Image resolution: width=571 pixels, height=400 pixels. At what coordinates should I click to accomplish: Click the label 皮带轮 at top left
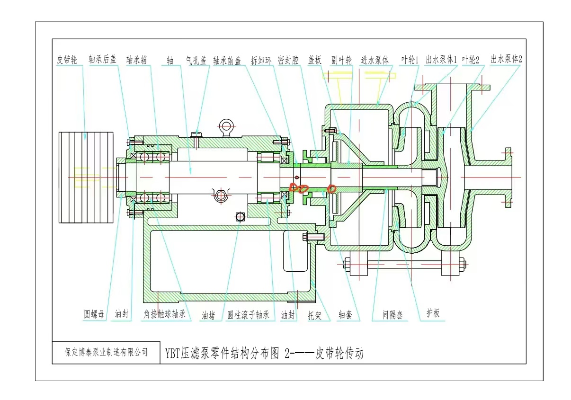tap(66, 60)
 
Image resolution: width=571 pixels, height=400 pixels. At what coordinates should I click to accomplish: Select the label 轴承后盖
tap(103, 60)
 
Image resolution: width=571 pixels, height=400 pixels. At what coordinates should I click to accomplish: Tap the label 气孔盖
tap(196, 60)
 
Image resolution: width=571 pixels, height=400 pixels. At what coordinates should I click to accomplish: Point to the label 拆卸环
tap(261, 60)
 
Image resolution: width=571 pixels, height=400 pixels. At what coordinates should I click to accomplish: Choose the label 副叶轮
tap(341, 60)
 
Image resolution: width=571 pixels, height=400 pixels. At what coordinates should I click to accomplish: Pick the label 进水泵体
tap(375, 60)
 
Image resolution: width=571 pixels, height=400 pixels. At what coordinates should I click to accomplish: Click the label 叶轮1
tap(410, 60)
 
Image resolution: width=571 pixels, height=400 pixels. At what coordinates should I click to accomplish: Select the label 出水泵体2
tap(506, 59)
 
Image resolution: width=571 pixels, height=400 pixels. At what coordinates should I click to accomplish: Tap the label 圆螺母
tap(94, 314)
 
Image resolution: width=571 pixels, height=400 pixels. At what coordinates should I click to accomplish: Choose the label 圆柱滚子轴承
tap(248, 314)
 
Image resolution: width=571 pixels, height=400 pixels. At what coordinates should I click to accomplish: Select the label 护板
tap(433, 313)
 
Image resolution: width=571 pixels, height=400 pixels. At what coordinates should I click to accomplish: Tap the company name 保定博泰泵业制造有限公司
tap(106, 352)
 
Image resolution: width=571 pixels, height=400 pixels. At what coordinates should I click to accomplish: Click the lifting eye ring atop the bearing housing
tap(226, 125)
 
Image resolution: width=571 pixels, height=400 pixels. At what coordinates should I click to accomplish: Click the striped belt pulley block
tap(86, 178)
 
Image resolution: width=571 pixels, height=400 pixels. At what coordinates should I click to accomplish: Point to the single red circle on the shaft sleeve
tap(332, 188)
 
